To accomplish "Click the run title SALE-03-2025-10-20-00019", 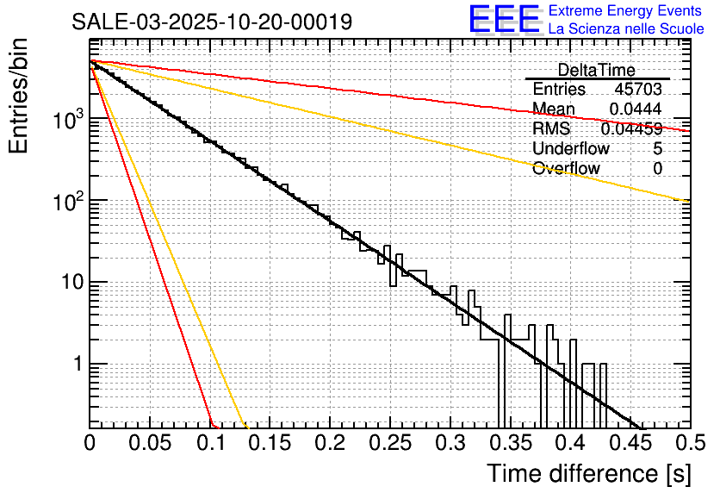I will point(212,22).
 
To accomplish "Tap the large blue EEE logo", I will point(504,20).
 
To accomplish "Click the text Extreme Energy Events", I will point(626,11).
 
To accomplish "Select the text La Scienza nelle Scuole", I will point(626,29).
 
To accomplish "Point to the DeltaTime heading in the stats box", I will point(596,70).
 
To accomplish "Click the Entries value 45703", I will point(638,90).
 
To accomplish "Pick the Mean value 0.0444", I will point(636,109).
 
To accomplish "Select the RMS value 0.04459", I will point(631,129).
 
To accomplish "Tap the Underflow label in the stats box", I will point(570,149).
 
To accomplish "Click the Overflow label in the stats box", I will point(566,169).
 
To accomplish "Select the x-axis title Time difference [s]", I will point(589,473).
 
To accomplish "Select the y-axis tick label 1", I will point(75,365).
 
